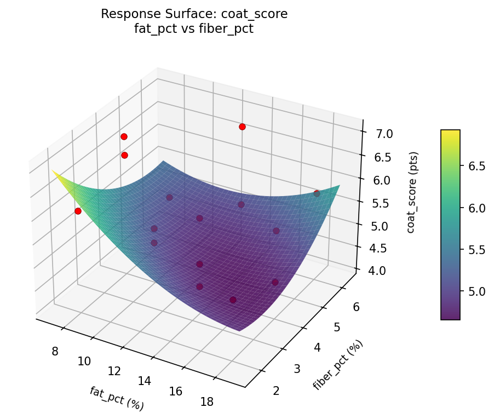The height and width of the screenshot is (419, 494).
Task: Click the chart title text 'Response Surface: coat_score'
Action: point(194,14)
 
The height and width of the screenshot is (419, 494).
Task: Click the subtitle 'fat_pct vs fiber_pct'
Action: point(194,29)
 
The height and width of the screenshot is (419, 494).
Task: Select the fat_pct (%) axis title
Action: point(117,398)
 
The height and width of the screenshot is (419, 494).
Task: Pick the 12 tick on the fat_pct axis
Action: point(114,371)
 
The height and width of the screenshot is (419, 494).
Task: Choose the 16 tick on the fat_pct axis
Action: point(176,391)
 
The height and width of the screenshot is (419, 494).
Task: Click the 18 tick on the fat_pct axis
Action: point(207,401)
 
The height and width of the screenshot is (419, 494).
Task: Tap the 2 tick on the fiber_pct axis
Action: point(275,390)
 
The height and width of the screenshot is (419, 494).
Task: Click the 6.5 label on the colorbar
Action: point(476,167)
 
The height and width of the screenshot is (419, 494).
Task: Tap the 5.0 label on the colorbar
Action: point(476,291)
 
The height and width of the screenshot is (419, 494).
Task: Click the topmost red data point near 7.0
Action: point(242,127)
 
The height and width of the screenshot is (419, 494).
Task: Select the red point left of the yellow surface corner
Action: point(78,211)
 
